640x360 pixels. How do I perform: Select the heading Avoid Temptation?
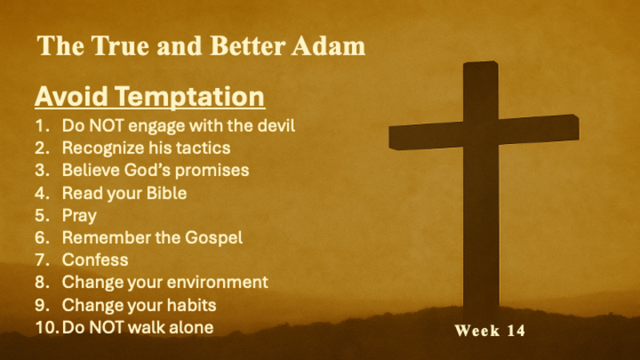(150, 97)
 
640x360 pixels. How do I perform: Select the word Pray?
(79, 215)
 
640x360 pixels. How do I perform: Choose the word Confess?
(95, 260)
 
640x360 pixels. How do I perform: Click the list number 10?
(46, 327)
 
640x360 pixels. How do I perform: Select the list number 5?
(42, 215)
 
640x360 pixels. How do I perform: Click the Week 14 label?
(490, 330)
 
